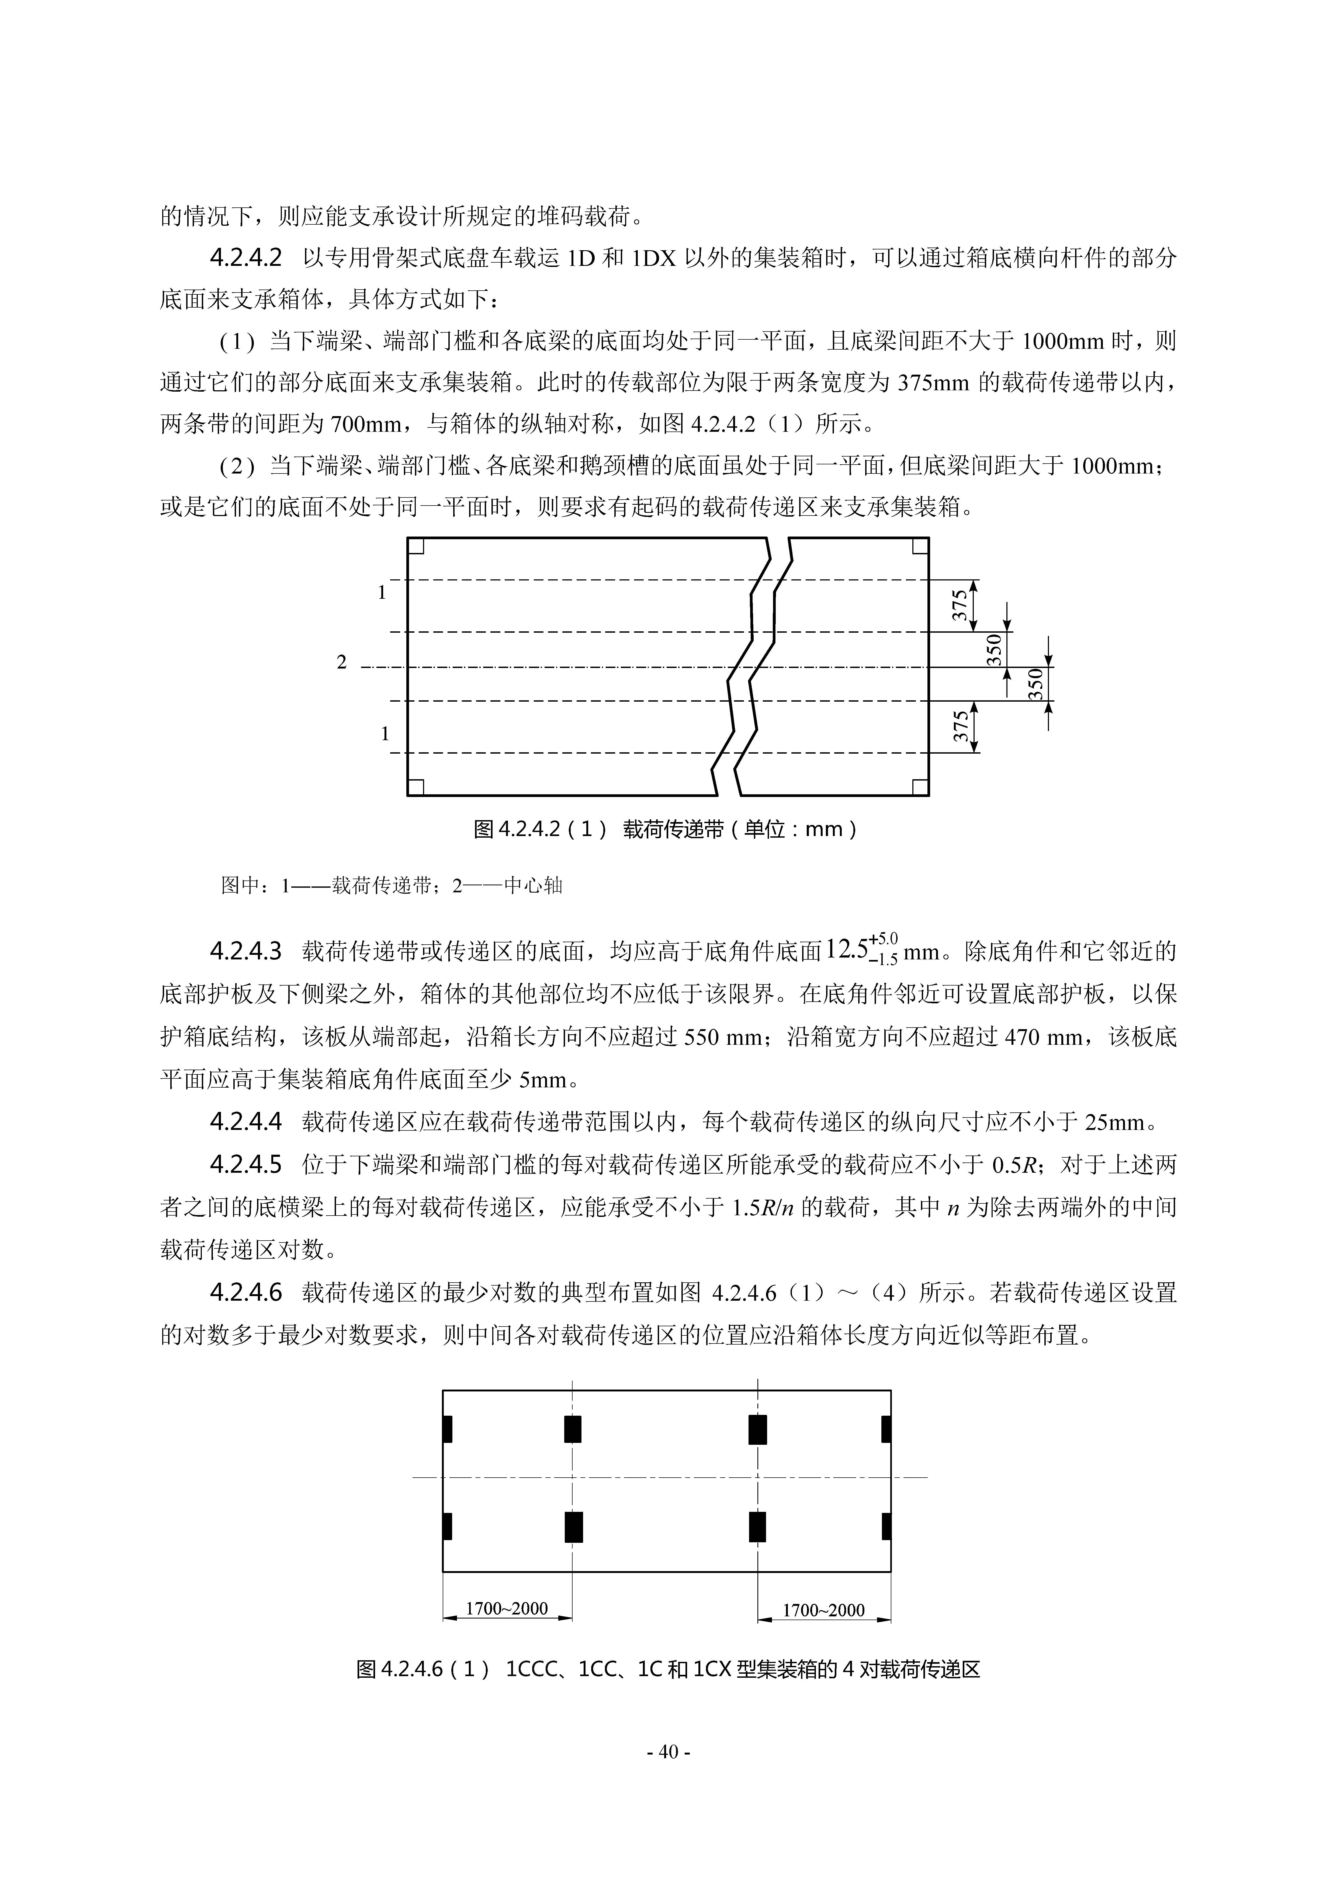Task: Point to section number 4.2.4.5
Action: [245, 1164]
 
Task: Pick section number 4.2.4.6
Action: [245, 1292]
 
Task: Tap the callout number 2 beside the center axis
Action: [342, 662]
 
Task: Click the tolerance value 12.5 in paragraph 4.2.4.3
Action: [846, 952]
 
